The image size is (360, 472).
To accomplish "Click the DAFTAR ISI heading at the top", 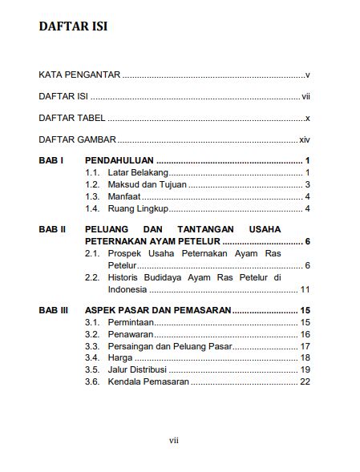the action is (73, 27).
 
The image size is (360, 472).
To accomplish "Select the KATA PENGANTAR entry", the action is (79, 75).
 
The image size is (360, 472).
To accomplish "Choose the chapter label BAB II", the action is (52, 229).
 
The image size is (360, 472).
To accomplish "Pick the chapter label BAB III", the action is (54, 309).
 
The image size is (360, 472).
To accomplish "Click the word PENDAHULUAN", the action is (119, 160).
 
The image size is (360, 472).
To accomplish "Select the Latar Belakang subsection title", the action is (137, 173).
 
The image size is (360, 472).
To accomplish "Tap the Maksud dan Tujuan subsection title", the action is (147, 185).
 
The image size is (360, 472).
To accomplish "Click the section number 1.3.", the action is (92, 197).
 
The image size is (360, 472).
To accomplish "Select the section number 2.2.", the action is (92, 277).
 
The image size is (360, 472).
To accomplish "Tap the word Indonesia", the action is (127, 289).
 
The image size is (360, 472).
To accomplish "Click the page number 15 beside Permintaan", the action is (305, 321).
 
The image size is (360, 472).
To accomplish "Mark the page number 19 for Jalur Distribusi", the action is (305, 369).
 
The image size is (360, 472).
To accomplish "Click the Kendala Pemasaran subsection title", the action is (148, 381).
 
